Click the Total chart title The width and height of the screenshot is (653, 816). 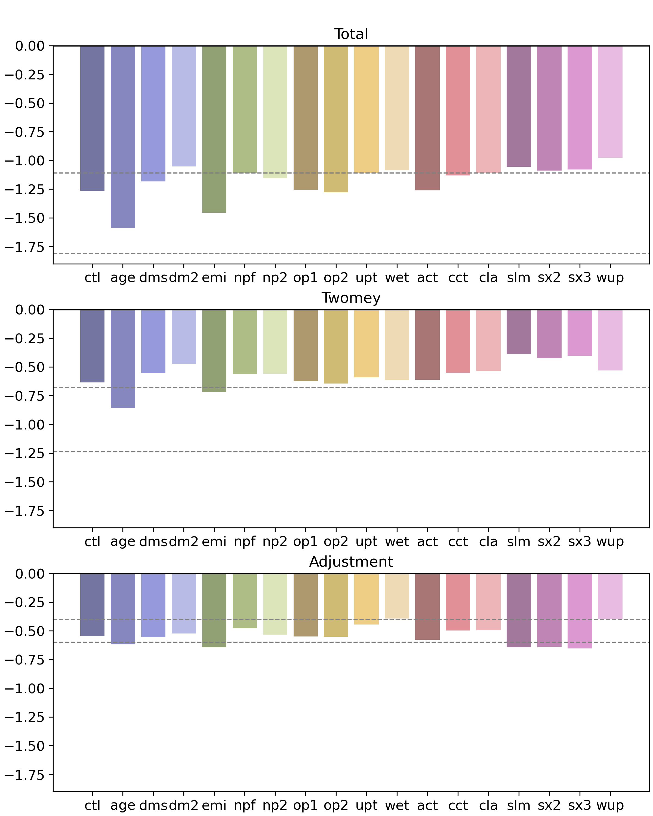351,34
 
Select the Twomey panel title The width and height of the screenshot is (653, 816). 351,298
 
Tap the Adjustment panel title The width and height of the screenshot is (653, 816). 351,562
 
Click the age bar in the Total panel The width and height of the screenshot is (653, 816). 123,137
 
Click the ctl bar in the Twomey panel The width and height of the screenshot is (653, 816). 92,346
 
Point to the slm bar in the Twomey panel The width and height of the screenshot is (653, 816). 519,332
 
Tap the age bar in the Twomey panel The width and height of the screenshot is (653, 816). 123,359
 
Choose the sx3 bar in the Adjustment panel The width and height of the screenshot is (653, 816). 580,611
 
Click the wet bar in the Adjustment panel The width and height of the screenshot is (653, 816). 397,596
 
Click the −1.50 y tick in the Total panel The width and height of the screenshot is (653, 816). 24,218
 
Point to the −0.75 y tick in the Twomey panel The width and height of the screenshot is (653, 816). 24,396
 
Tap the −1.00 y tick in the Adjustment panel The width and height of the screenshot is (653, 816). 24,688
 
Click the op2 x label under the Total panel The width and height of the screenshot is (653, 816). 336,278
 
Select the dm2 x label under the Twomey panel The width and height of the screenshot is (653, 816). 184,542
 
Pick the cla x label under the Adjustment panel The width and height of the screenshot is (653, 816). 488,805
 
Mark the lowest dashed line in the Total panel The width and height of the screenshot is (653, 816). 351,253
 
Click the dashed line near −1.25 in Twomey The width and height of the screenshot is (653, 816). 351,452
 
